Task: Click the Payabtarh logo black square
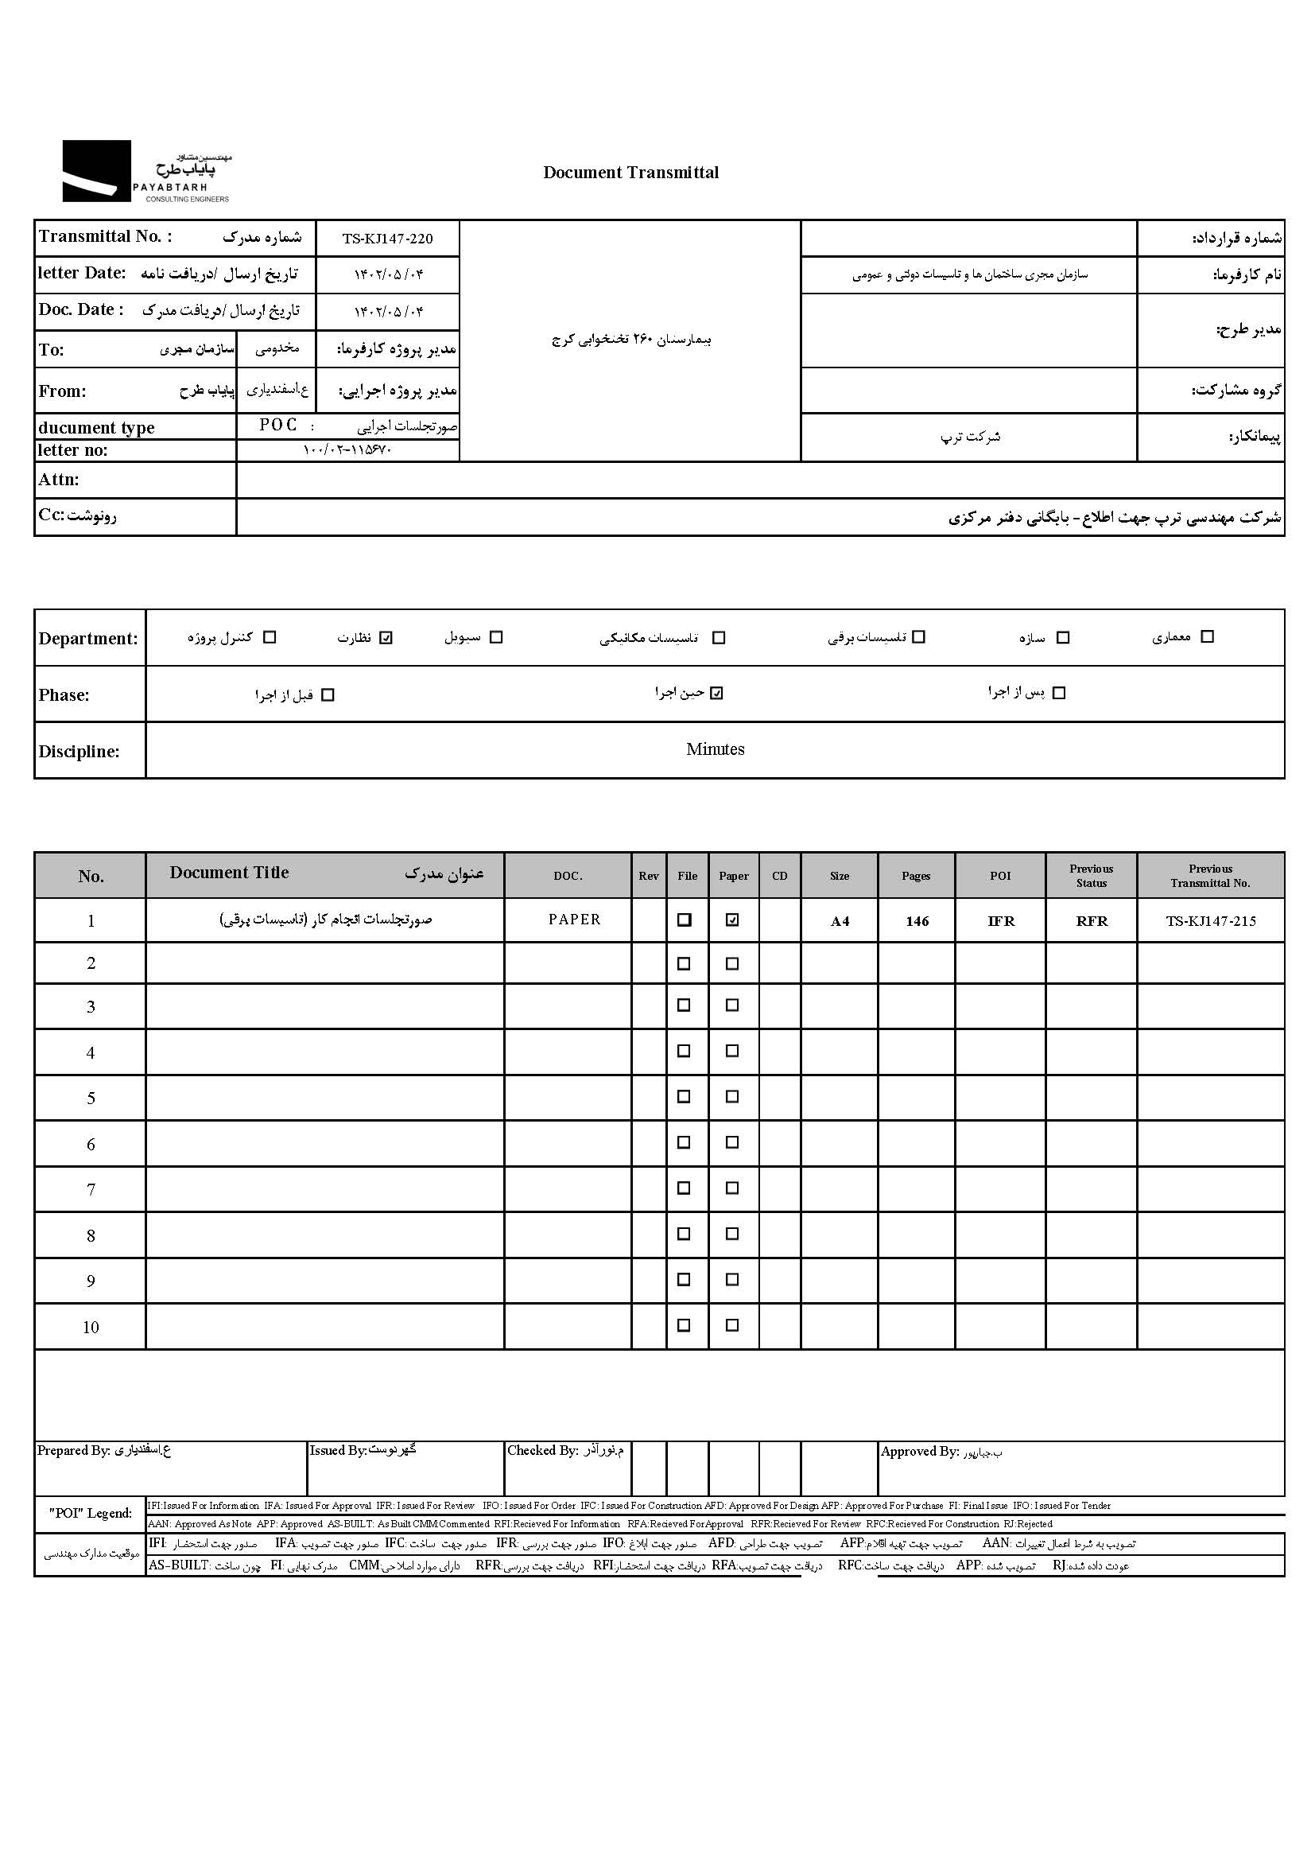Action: [x=96, y=171]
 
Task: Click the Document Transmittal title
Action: [x=630, y=173]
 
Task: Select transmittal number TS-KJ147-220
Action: [x=387, y=239]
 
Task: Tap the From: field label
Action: [x=62, y=391]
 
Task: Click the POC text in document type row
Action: [x=277, y=426]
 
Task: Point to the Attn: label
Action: [x=59, y=480]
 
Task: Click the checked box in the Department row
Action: [x=386, y=638]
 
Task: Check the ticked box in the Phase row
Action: [x=716, y=694]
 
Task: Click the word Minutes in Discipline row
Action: [x=715, y=749]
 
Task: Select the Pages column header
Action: [x=916, y=876]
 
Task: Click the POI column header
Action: [x=1000, y=876]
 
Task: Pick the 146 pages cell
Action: [x=917, y=921]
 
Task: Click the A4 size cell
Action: [x=840, y=921]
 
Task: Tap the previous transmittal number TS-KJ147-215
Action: [x=1211, y=921]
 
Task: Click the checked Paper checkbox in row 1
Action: [x=733, y=920]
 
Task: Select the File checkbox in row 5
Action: [x=685, y=1097]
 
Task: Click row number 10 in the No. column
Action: [x=91, y=1328]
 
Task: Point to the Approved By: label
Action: [x=919, y=1452]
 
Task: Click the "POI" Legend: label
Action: [x=90, y=1513]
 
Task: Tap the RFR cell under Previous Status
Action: [x=1092, y=921]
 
